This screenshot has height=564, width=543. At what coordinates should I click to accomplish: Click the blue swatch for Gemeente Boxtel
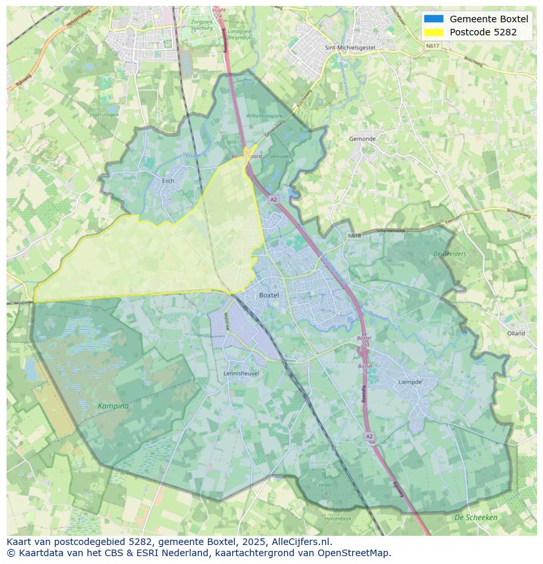tap(433, 19)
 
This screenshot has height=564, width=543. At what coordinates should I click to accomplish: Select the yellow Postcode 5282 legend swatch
tap(433, 32)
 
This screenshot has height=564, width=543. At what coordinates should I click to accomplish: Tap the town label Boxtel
tap(269, 295)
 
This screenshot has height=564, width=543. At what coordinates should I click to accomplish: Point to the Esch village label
tap(168, 181)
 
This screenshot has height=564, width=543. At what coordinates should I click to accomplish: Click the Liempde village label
tap(410, 382)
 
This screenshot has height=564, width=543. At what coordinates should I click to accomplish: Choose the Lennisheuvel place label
tap(241, 373)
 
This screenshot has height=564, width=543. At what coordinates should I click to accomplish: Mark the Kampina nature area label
tap(113, 406)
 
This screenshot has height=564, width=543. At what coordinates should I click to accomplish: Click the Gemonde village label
tap(362, 139)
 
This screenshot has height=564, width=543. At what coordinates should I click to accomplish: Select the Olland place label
tap(516, 333)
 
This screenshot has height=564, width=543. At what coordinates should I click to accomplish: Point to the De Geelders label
tap(450, 254)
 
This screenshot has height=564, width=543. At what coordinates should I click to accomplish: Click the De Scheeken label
tap(475, 517)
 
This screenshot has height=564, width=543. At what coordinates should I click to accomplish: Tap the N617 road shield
tap(432, 46)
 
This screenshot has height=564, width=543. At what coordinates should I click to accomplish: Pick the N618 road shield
tap(354, 235)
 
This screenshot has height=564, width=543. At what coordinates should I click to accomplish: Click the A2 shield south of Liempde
tap(369, 436)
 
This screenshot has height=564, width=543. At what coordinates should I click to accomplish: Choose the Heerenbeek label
tap(338, 518)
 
